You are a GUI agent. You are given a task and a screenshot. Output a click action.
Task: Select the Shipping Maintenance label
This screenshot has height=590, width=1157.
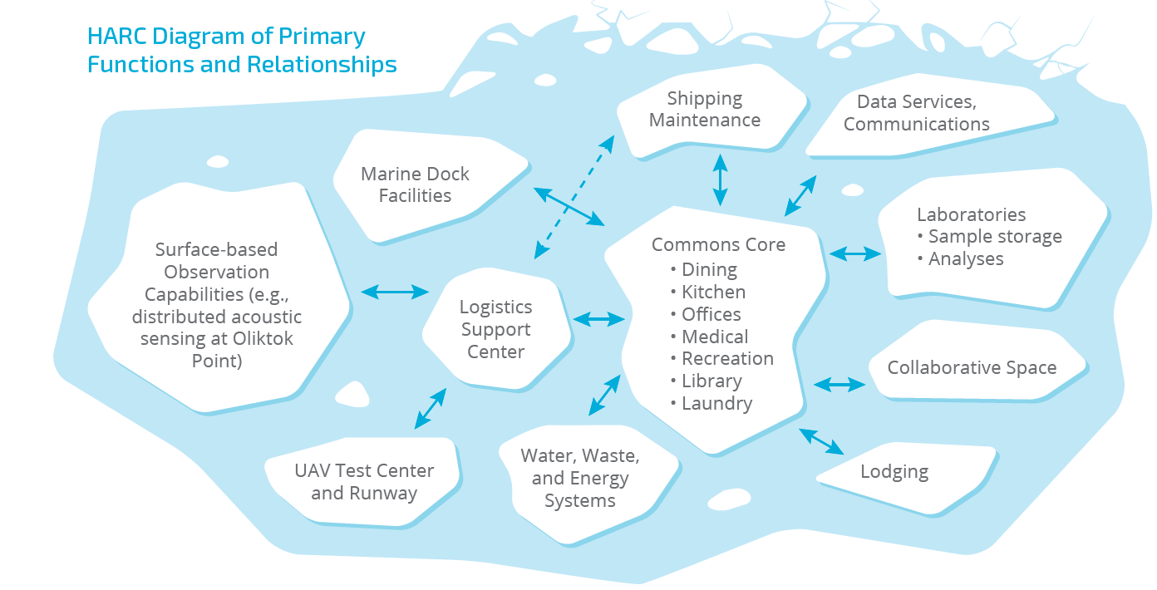[x=705, y=109]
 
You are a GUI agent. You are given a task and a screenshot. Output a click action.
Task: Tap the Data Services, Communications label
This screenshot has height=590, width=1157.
[x=916, y=113]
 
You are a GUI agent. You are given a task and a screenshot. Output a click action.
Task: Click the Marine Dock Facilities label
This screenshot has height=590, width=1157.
[x=415, y=184]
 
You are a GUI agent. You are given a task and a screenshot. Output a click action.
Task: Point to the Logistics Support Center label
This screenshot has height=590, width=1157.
[x=495, y=329]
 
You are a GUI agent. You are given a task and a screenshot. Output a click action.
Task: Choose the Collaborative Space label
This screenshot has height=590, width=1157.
[x=972, y=367]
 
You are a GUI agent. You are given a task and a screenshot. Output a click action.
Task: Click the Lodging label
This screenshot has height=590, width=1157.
[x=894, y=472]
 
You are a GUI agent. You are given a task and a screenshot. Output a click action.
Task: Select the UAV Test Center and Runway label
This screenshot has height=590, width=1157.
[x=364, y=482]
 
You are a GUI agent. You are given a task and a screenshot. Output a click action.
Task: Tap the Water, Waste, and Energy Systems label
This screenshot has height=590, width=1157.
[x=580, y=478]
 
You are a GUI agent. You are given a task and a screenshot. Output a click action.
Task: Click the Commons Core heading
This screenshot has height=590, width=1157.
[x=718, y=244]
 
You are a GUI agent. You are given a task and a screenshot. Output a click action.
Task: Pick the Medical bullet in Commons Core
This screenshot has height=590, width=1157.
[x=715, y=337]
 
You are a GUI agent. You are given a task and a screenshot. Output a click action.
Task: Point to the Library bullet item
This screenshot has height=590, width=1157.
[x=711, y=381]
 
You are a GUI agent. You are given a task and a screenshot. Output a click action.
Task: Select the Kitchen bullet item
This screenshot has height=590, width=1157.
[x=713, y=292]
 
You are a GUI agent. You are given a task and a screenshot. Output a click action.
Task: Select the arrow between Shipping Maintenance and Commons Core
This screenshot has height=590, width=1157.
[x=720, y=179]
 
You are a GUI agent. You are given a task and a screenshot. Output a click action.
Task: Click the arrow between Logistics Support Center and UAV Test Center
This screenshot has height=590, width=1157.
[x=431, y=408]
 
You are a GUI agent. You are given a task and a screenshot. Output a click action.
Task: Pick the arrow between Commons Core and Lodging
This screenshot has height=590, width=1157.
[x=821, y=441]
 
